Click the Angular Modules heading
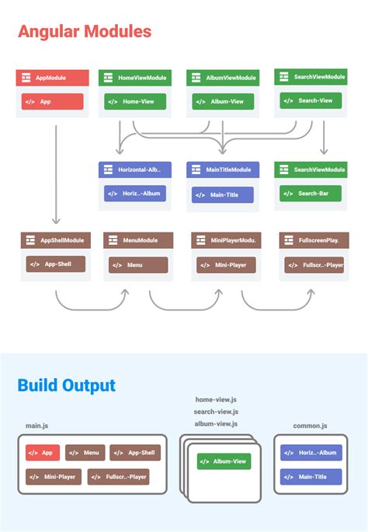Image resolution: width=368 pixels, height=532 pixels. (x=85, y=32)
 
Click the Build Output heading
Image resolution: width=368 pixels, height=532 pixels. (x=67, y=385)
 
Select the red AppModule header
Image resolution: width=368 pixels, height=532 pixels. (x=53, y=78)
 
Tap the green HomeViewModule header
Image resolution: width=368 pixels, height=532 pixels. (x=135, y=78)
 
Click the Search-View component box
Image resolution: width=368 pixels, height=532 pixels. (x=311, y=100)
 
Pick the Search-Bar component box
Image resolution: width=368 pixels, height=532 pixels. (x=311, y=193)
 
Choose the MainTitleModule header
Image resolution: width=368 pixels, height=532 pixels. (x=223, y=170)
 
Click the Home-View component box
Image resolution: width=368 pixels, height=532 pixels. (x=135, y=101)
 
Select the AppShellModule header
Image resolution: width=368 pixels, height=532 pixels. (x=55, y=240)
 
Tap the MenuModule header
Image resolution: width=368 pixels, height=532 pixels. (x=138, y=240)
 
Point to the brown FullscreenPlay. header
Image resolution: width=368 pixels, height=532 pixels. (x=314, y=240)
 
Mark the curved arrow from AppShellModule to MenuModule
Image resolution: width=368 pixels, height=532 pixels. (x=92, y=303)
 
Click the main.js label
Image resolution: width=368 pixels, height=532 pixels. (x=37, y=425)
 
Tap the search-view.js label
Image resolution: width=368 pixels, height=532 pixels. (x=217, y=411)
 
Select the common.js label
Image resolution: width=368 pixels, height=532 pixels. (x=310, y=425)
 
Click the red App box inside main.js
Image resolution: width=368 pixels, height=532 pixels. (x=43, y=453)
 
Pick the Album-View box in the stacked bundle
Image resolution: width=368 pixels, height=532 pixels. (x=224, y=461)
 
